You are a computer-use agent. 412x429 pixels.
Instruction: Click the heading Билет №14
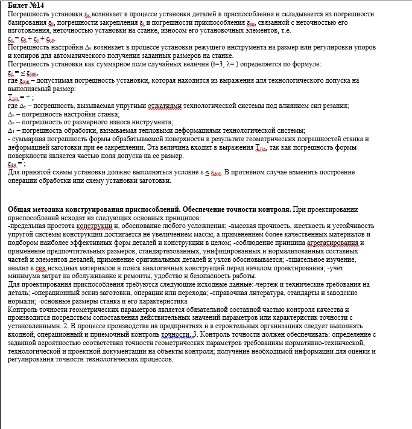pos(22,5)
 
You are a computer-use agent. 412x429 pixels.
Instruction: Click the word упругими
pos(127,106)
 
